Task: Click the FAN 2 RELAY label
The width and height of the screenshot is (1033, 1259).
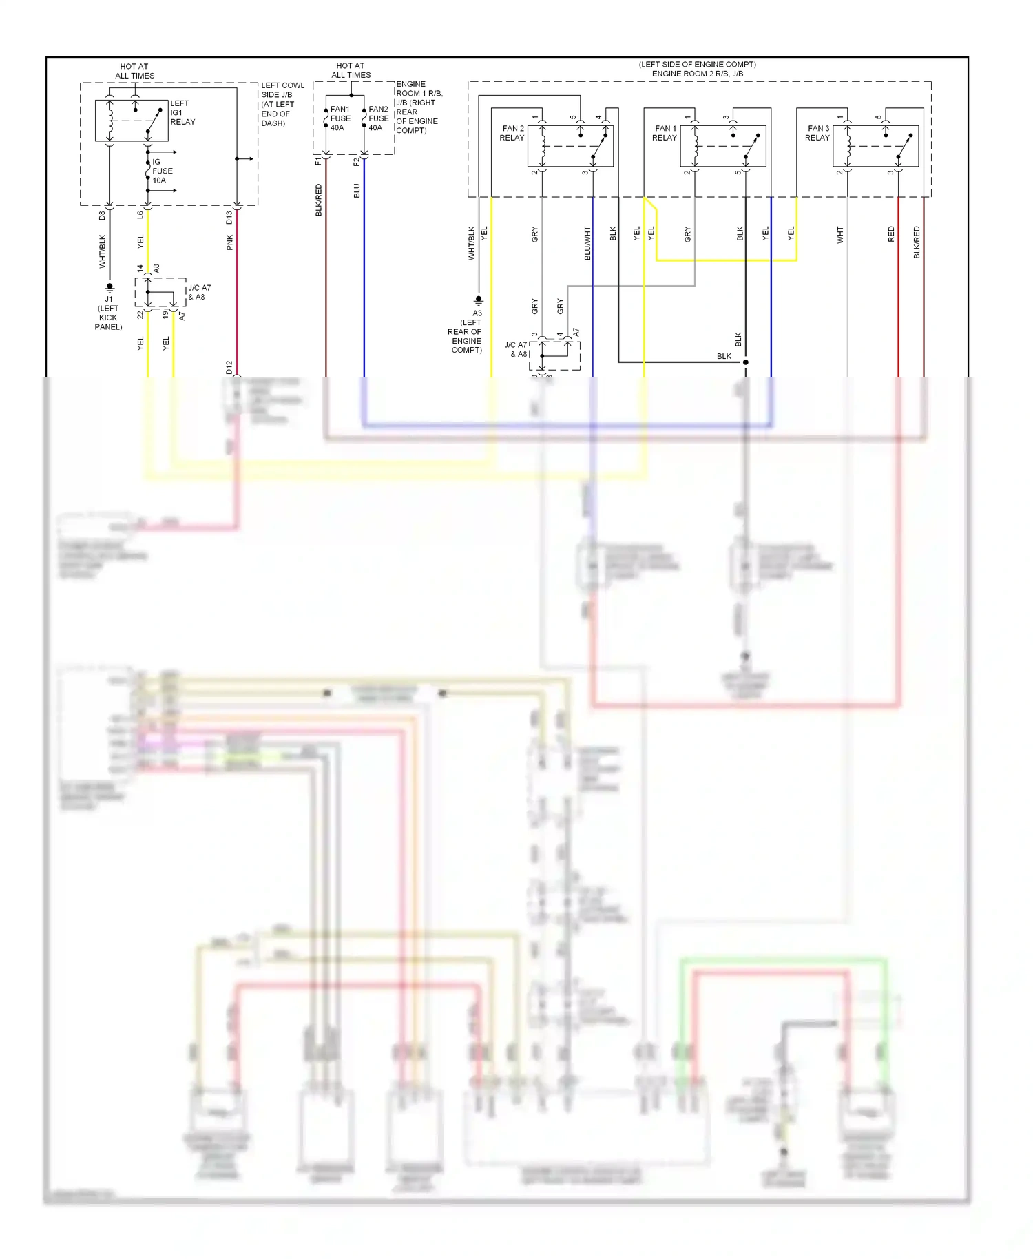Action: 512,133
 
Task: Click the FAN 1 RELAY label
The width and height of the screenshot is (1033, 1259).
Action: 665,133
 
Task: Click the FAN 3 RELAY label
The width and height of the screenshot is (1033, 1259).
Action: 817,133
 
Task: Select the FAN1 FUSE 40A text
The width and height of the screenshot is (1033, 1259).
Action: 340,118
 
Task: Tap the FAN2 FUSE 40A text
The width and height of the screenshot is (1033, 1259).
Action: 378,118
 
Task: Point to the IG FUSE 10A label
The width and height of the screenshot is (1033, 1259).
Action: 162,171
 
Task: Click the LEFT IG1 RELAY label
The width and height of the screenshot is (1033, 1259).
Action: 182,112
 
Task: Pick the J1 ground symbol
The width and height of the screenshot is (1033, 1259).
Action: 109,287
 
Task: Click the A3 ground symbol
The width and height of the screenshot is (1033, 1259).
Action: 478,300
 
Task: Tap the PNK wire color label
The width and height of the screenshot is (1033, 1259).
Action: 230,242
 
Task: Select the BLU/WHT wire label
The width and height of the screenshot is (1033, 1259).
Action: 587,243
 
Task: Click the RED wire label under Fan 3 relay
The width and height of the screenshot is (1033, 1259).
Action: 891,234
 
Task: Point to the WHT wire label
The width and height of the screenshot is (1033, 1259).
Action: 840,236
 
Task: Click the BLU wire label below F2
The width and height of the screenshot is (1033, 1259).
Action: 357,191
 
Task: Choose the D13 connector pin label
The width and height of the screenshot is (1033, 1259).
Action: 229,218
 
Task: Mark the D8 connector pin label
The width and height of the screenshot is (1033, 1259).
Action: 102,216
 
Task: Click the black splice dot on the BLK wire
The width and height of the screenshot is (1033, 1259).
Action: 745,362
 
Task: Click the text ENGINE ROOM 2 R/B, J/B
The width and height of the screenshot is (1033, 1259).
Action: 697,74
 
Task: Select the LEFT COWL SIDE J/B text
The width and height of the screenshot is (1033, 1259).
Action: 282,90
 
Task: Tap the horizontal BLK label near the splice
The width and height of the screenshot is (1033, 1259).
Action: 724,356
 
